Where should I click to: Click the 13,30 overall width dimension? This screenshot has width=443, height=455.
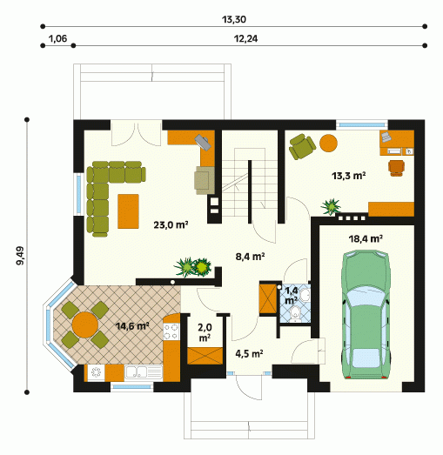234,20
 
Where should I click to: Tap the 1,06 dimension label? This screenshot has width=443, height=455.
57,38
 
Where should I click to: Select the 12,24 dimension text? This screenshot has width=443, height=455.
245,39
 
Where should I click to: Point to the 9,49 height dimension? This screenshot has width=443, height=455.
20,256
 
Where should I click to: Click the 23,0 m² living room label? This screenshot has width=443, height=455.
171,224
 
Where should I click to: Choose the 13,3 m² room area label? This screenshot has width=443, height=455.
348,176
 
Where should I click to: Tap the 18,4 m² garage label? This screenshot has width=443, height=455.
366,239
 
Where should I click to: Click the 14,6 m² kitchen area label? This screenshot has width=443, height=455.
132,326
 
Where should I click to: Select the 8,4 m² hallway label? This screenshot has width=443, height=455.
250,257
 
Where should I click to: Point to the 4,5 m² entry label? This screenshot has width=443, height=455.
249,354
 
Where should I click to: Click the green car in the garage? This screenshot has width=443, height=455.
366,315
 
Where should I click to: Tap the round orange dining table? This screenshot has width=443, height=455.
85,325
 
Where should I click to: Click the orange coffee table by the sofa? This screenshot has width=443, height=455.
128,211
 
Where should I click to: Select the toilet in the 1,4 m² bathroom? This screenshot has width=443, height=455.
296,315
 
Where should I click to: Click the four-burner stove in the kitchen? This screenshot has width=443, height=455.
171,331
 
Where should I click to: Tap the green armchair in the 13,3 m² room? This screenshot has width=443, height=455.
302,146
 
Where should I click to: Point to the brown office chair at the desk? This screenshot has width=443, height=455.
396,168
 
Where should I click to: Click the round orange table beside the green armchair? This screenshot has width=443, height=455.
328,143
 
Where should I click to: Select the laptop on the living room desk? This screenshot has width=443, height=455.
203,142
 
